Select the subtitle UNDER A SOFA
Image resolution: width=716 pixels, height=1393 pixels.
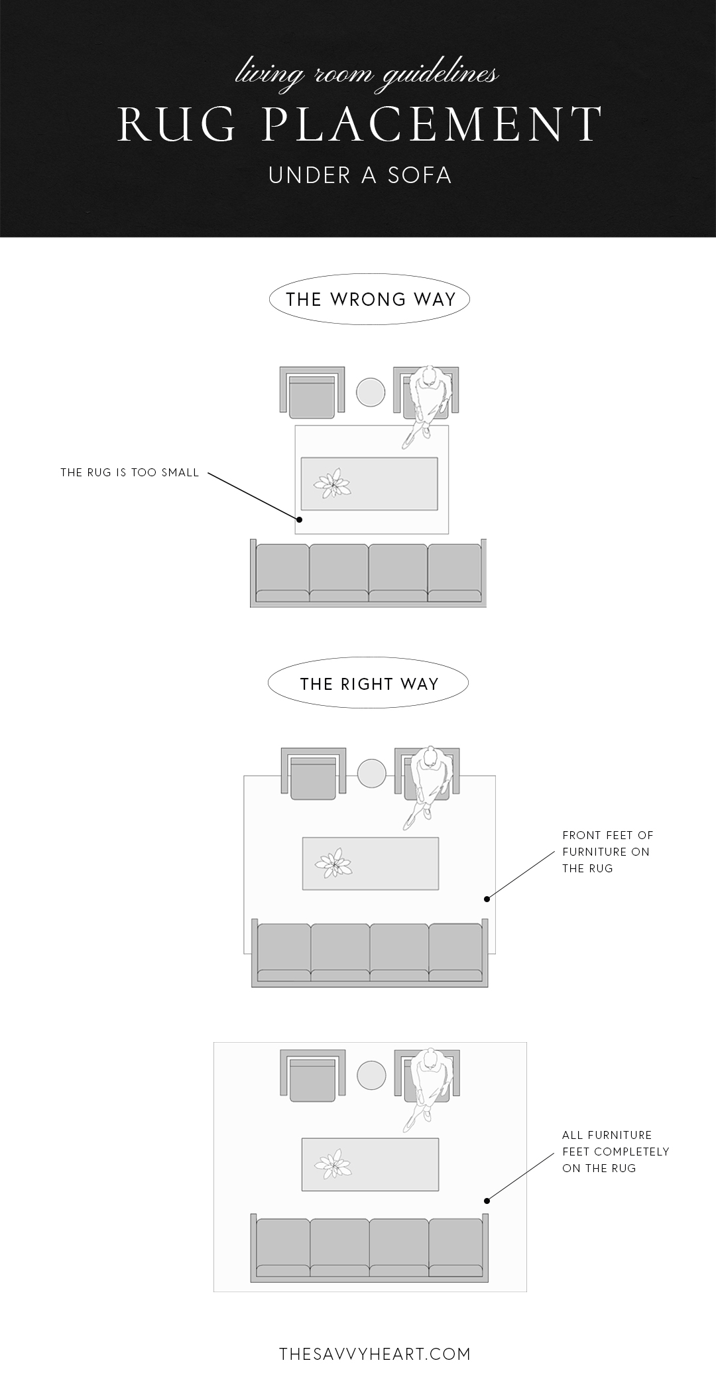coord(360,175)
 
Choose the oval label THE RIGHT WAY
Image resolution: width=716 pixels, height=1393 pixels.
coord(368,684)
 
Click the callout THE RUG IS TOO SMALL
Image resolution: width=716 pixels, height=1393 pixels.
coord(130,473)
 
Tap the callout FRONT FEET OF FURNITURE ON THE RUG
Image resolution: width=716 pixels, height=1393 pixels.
coord(607,852)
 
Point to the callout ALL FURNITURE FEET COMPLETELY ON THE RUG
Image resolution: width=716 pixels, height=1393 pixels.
coord(615,1152)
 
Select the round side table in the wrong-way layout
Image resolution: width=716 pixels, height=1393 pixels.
coord(370,392)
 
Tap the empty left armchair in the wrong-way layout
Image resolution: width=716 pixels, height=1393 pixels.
coord(312,393)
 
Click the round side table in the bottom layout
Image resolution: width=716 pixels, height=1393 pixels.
coord(371,1075)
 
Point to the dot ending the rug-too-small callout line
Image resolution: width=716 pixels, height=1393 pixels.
coord(299,520)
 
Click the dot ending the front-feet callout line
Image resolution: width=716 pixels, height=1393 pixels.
coord(487,899)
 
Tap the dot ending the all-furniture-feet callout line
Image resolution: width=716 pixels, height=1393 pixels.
coord(487,1200)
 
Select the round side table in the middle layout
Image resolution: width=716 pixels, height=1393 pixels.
coord(371,773)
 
